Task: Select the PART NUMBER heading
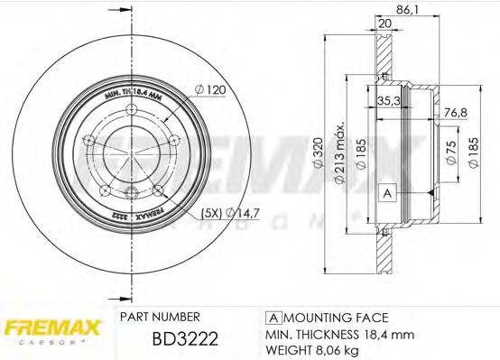160,318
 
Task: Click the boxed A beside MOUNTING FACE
271,318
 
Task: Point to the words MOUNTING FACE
335,318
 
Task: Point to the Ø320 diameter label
317,162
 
